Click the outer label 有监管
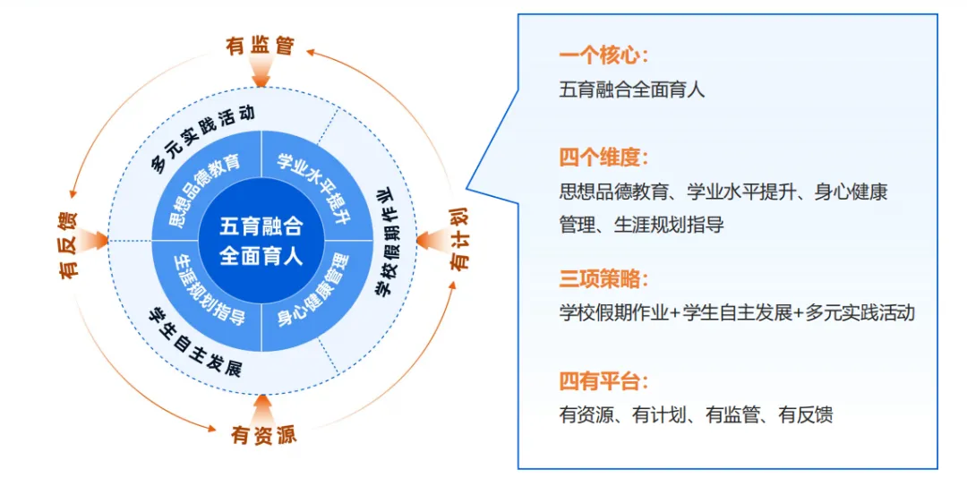[261, 46]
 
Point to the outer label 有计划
[459, 240]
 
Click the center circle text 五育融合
[261, 226]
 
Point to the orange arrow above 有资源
[261, 407]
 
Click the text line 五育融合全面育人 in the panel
[632, 90]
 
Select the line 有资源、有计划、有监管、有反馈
[697, 415]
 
